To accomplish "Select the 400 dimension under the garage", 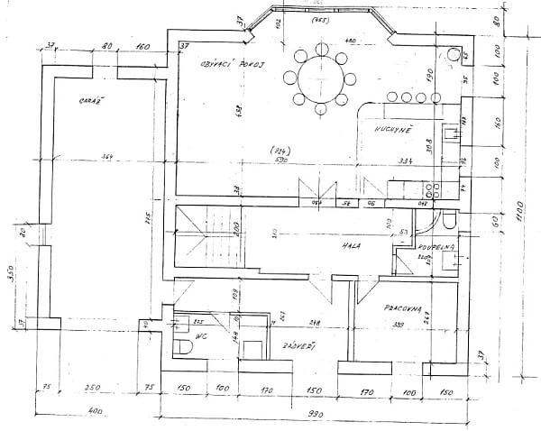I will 96,412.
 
